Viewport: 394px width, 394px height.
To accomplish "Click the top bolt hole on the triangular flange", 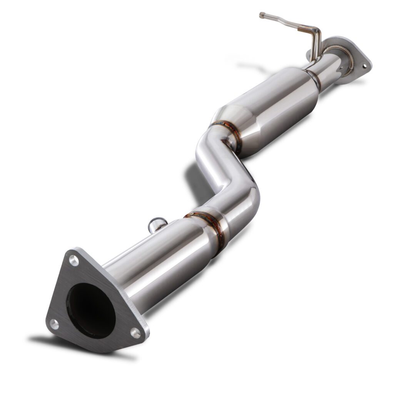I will [x=73, y=260].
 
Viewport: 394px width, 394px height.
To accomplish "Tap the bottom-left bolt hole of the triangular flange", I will [x=55, y=324].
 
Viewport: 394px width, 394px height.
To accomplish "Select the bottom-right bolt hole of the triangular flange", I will [x=135, y=332].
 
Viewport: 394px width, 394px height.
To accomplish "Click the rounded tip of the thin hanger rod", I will [x=262, y=15].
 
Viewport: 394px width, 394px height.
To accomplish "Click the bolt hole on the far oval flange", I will [x=364, y=66].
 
